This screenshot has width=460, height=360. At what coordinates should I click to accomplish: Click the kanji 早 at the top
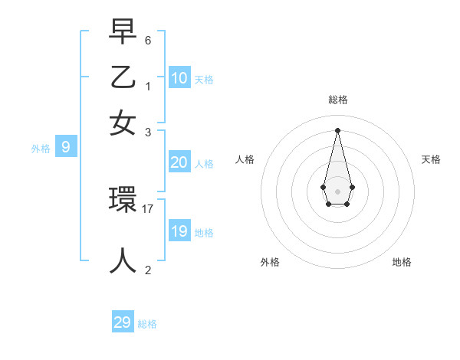click(123, 32)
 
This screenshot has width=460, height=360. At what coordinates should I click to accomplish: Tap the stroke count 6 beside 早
click(148, 40)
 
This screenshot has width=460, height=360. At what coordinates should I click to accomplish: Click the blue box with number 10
click(179, 77)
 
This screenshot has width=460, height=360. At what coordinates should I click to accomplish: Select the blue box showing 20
click(179, 162)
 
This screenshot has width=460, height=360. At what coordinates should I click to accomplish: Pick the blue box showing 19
click(179, 231)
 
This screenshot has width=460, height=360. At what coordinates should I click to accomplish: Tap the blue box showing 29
click(123, 322)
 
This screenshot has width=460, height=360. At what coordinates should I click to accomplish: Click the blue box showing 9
click(66, 147)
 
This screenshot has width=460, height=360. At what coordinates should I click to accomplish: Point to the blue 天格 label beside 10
click(203, 79)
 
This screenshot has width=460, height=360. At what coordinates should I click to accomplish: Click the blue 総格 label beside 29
click(147, 324)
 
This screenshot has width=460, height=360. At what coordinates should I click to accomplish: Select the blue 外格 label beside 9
click(40, 149)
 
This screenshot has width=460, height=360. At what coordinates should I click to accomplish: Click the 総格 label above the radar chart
click(337, 100)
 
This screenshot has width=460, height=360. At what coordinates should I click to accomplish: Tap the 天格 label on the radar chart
click(432, 159)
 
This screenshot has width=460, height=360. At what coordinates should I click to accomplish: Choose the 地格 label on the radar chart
click(402, 262)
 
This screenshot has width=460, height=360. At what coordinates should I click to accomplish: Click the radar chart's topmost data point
click(337, 129)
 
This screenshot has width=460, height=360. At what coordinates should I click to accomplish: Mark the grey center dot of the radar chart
click(337, 191)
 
